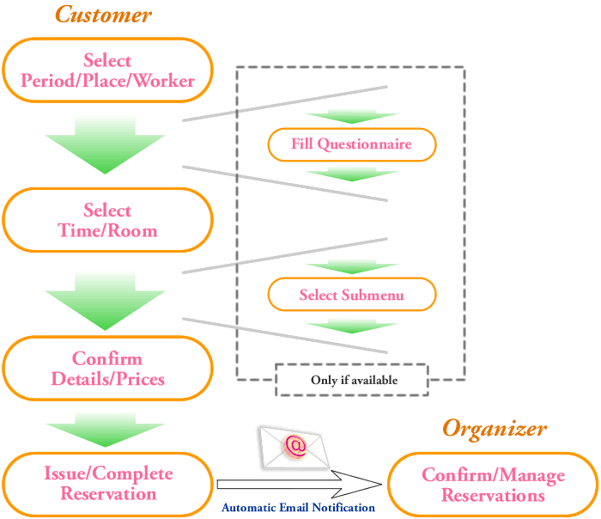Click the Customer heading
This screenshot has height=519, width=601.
(x=104, y=15)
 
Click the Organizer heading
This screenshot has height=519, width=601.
(x=495, y=430)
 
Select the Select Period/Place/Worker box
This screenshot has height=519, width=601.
(x=107, y=70)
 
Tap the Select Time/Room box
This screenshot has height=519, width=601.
(x=107, y=220)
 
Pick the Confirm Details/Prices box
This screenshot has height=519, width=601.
(x=107, y=369)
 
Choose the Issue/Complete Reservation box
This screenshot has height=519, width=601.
(x=107, y=485)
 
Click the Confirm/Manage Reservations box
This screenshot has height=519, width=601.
(x=493, y=485)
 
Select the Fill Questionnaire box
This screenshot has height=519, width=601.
(x=352, y=144)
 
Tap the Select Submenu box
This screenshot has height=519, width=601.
(x=352, y=294)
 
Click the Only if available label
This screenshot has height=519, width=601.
(x=354, y=380)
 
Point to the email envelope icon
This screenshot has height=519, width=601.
(x=294, y=448)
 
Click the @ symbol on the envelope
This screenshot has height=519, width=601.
(x=294, y=446)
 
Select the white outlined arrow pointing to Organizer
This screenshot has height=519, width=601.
(x=300, y=484)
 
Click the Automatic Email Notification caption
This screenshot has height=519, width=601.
(x=298, y=508)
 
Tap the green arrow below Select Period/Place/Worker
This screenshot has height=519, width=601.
(x=106, y=145)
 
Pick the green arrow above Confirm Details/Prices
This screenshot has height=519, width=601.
(x=106, y=301)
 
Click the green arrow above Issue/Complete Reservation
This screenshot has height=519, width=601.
(x=106, y=430)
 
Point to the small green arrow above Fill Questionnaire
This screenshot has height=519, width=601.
(x=352, y=116)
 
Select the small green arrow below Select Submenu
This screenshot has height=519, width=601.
(x=352, y=326)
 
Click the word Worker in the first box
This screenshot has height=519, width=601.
(x=164, y=81)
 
